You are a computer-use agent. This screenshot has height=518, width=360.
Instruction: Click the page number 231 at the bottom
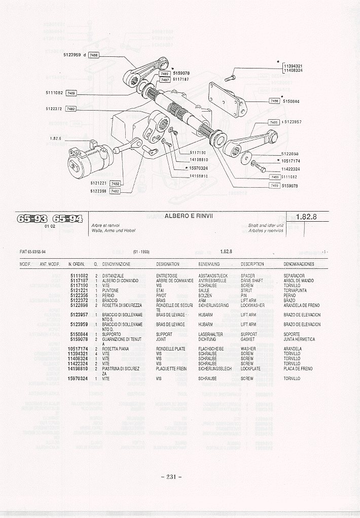point(171,477)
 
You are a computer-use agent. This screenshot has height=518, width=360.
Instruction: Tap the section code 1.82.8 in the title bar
point(307,217)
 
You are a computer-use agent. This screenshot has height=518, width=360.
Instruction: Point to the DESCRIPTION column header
point(252,264)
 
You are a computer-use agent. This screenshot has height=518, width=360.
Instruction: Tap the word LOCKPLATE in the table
point(250,369)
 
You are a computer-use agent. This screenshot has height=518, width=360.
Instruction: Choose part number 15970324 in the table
point(78,378)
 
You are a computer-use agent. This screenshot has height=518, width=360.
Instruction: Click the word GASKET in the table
point(248,339)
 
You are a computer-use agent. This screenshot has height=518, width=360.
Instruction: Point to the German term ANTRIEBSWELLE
point(212,281)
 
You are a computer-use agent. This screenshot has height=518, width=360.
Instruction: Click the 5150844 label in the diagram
point(292,101)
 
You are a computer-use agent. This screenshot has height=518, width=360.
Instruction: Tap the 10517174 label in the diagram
point(291,161)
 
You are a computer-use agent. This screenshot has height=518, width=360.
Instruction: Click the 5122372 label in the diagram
point(54,109)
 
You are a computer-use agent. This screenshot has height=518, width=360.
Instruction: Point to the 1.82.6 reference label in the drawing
point(55,138)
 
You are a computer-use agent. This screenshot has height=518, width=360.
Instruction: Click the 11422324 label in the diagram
point(291,169)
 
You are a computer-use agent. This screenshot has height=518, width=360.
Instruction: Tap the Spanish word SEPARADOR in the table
point(294,275)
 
